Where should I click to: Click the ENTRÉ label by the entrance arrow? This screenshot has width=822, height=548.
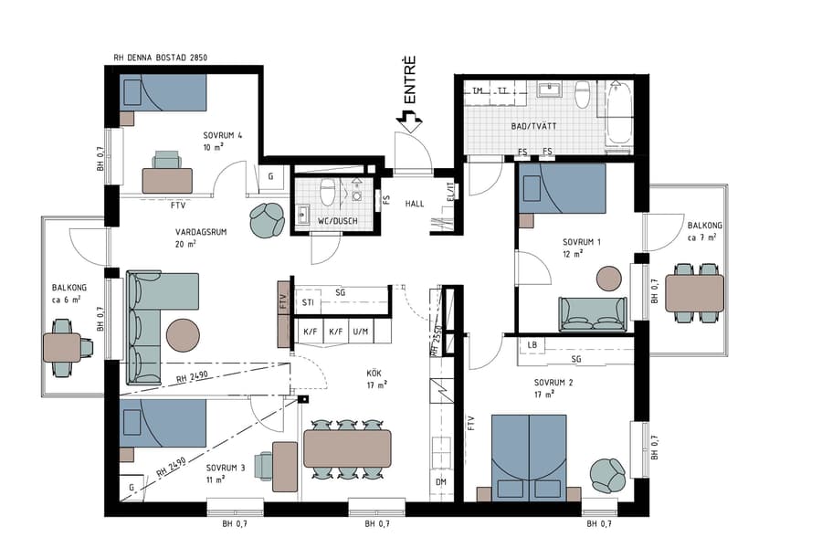[411, 79]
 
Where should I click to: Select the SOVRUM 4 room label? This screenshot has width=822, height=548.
[222, 141]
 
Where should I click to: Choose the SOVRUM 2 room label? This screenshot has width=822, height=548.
[553, 388]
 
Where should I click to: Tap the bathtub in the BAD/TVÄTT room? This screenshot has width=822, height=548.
[620, 113]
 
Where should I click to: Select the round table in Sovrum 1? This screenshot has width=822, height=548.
[609, 279]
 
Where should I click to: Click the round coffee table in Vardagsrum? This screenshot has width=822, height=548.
[183, 333]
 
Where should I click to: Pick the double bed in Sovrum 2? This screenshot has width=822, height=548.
[529, 457]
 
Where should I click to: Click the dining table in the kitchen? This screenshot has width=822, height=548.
[347, 448]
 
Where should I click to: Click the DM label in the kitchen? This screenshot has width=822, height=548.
[440, 481]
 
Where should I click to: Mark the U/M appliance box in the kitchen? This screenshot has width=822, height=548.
[361, 332]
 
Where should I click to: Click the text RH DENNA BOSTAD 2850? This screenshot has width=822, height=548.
[161, 58]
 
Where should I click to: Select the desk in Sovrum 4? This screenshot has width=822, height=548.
[167, 180]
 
